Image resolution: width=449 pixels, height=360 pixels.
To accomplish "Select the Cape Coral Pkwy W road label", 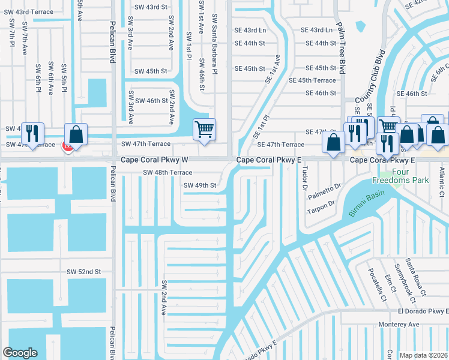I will click(155, 160).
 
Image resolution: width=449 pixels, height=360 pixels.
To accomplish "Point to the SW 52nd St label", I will click(84, 272).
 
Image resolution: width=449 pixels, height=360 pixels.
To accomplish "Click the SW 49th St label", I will click(199, 185).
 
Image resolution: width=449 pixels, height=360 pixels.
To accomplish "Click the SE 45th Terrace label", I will click(312, 80).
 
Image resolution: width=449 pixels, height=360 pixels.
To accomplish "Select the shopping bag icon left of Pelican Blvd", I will click(76, 134).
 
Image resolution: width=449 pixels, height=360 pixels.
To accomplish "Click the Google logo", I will click(20, 353).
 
